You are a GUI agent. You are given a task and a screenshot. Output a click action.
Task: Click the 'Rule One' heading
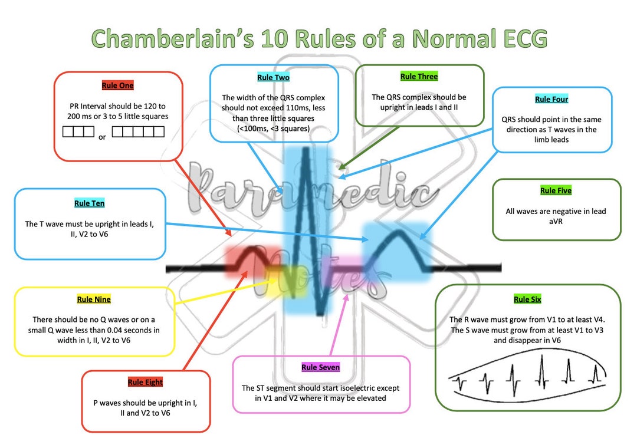point(117,85)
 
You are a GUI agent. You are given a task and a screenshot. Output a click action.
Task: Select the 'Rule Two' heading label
point(273,77)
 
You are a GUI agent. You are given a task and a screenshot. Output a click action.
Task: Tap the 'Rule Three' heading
point(419,77)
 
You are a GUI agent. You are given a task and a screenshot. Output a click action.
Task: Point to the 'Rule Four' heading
point(551,99)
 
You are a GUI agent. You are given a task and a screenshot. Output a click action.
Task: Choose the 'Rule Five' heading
point(556,191)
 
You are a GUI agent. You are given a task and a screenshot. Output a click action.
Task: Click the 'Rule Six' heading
point(527,299)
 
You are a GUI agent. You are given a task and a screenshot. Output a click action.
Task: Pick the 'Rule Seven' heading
point(320,367)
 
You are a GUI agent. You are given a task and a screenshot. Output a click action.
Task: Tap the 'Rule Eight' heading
point(145,383)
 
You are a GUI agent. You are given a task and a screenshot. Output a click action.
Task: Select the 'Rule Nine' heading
point(94,299)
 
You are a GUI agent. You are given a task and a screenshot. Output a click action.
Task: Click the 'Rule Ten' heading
point(90,203)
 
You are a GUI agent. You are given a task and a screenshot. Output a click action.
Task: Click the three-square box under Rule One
point(78,131)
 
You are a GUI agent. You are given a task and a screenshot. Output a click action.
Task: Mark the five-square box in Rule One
point(138,131)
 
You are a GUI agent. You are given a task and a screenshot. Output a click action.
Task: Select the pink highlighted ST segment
point(348,268)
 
